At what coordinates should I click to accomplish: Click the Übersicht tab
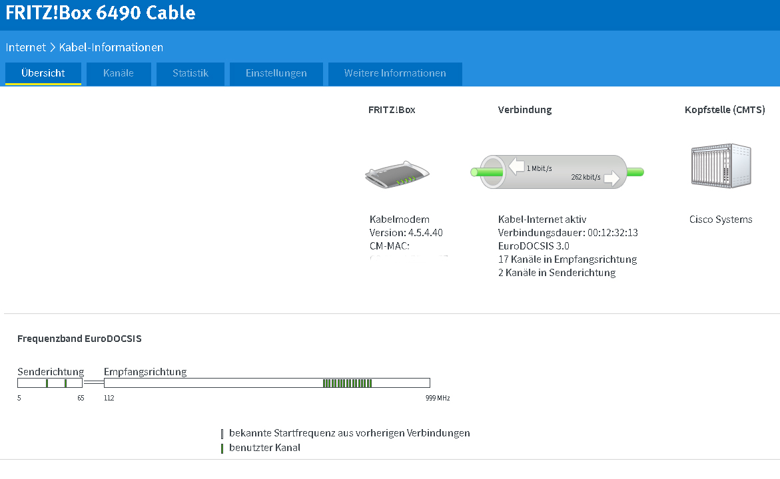43,73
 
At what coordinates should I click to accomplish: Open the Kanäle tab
119,73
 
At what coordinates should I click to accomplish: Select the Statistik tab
191,73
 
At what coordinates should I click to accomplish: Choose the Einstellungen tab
276,73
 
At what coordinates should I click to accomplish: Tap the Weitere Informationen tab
395,73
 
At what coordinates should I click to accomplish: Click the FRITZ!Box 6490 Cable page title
101,13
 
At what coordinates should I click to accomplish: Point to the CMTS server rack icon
720,166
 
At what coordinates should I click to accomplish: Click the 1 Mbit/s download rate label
539,168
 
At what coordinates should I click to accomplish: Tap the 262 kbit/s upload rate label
586,177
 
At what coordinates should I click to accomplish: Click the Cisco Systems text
721,220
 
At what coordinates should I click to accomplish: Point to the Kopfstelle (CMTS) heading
725,110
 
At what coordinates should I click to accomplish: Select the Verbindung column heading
525,110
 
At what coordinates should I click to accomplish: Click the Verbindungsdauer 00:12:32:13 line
568,233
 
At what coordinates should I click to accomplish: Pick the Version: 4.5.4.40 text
406,233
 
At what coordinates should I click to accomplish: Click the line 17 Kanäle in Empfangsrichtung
568,259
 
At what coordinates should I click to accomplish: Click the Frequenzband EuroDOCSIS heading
79,339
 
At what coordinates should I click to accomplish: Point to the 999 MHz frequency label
438,399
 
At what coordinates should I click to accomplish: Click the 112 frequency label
109,399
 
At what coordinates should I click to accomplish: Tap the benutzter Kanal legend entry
264,448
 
